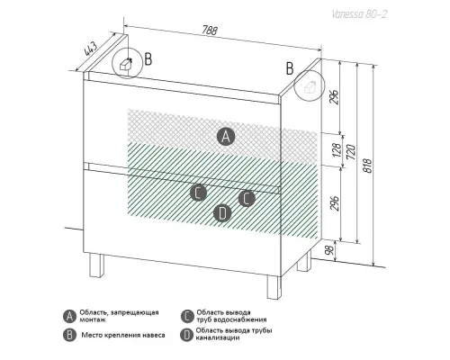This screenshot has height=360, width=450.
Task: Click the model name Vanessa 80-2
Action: [359, 14]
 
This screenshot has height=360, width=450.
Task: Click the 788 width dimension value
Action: [209, 31]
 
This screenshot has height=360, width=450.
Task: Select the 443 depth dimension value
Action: [91, 49]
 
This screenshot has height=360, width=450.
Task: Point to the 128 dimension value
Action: [337, 150]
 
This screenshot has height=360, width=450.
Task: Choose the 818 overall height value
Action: [367, 165]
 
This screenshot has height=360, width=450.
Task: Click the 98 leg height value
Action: [329, 250]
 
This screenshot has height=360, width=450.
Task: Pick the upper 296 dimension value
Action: [335, 96]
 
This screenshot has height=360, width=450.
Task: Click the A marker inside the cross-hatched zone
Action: [226, 137]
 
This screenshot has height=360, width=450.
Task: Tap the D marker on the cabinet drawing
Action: [222, 213]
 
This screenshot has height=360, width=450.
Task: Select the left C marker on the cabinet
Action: [198, 193]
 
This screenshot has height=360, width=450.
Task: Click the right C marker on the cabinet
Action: [247, 198]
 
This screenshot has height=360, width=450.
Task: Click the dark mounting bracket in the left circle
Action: [126, 64]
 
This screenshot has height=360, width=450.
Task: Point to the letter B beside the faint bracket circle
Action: [290, 68]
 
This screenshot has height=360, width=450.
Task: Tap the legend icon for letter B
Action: [69, 335]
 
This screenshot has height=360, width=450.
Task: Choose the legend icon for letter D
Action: [186, 335]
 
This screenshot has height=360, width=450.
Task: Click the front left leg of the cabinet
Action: [96, 265]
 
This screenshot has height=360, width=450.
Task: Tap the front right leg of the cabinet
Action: [274, 287]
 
